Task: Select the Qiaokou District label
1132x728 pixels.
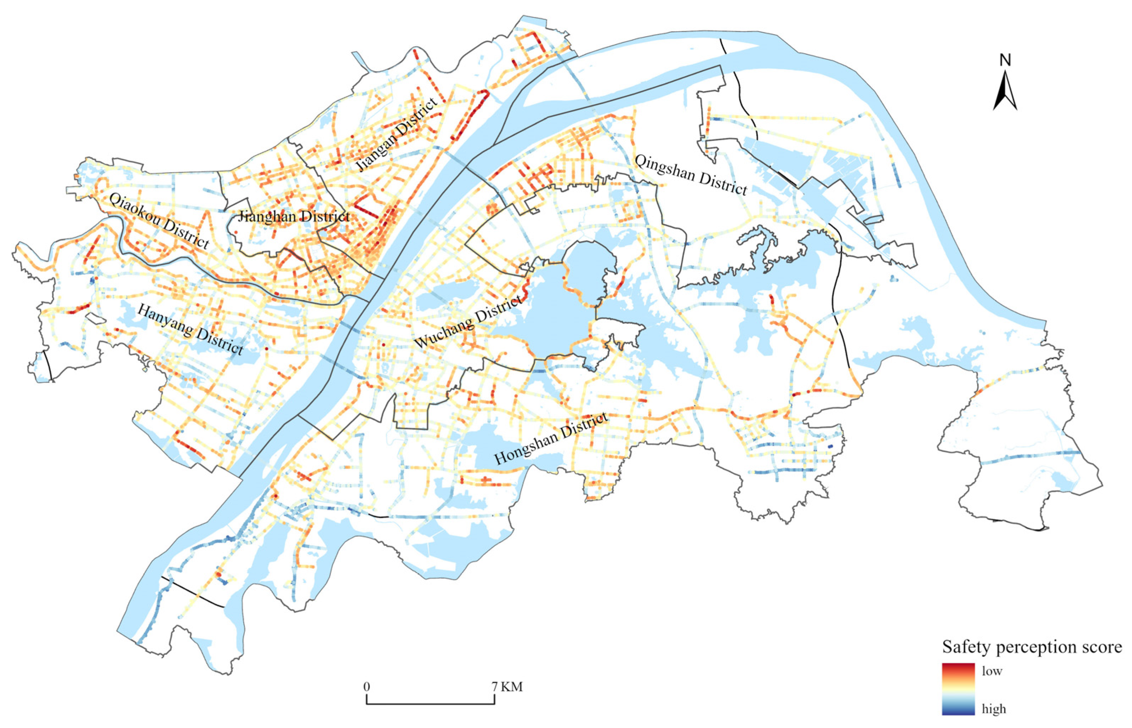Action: (x=159, y=221)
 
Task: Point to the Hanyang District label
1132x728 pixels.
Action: (x=191, y=329)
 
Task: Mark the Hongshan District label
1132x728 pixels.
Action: (x=551, y=438)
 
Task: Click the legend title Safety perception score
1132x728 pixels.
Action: (x=1032, y=647)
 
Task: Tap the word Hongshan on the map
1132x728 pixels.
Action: (x=525, y=449)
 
